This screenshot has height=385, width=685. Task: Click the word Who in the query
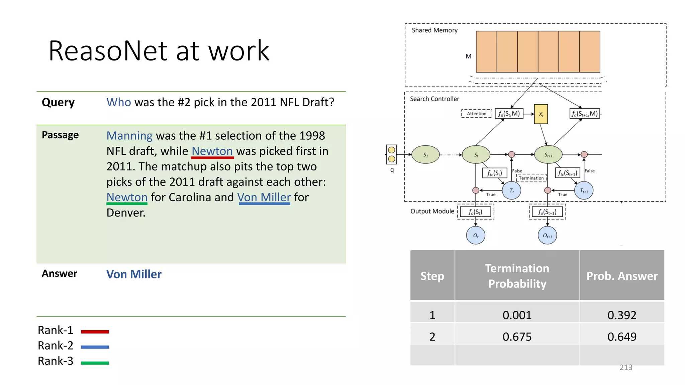pos(118,102)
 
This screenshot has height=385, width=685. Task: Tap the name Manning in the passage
pos(129,136)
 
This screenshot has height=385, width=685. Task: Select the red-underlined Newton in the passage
pos(212,151)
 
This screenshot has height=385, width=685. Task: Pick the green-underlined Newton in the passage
pos(127,197)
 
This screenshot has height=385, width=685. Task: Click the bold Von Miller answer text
pos(134,274)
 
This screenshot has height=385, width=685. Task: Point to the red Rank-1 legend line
pos(95,332)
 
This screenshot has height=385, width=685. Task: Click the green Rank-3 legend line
pos(95,363)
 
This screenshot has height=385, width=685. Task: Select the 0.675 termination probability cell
pos(517,337)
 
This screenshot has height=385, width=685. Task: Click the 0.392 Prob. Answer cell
pos(621,315)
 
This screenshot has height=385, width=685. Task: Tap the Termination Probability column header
pos(517,276)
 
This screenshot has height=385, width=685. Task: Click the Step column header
pos(432,276)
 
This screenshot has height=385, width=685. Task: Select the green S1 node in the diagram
pos(425,155)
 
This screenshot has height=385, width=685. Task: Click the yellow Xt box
pos(541,114)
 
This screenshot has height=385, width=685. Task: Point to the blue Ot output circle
pos(476,235)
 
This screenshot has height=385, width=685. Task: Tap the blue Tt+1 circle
pos(584,190)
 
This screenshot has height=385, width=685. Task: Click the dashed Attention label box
pos(477,114)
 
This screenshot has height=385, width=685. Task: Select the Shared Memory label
pos(434,30)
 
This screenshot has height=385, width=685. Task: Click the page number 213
pos(626,367)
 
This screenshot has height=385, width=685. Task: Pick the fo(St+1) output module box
pos(547,212)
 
